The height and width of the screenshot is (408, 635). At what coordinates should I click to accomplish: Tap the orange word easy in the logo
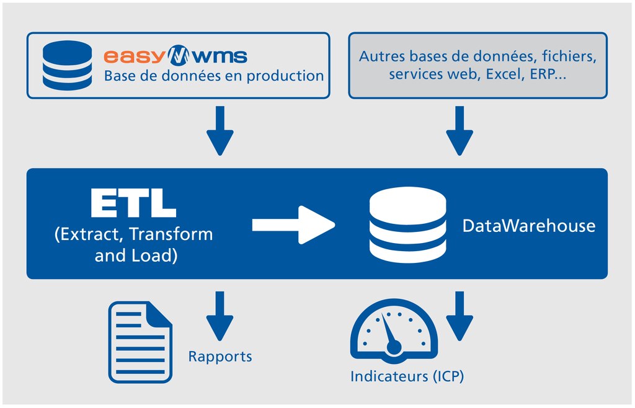pos(133,56)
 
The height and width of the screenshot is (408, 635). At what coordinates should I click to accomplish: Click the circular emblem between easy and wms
pos(179,56)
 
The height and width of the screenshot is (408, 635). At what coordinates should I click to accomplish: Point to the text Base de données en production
pos(214,76)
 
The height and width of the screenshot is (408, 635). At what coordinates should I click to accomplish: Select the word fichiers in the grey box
pos(569,56)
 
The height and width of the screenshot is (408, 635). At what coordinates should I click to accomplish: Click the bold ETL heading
pos(133,203)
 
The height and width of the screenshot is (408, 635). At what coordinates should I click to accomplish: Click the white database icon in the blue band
pos(407,225)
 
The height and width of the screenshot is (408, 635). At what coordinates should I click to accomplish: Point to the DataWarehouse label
pos(528,225)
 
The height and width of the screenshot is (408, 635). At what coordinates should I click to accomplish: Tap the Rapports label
pos(220,357)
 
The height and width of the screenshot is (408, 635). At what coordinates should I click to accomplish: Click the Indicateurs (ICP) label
pos(407,376)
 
